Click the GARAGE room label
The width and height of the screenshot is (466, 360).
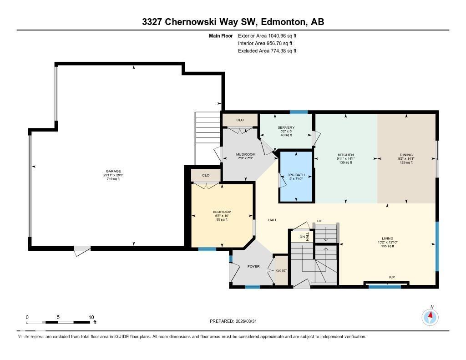click(113, 172)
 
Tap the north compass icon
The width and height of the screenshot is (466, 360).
click(430, 316)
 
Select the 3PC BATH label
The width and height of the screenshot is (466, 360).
click(296, 175)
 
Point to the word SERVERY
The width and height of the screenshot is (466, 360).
click(286, 127)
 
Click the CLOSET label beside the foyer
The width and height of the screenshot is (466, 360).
click(281, 270)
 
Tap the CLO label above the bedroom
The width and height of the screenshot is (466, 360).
click(206, 175)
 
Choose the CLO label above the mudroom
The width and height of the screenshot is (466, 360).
click(240, 120)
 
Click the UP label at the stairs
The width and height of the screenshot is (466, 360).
click(320, 221)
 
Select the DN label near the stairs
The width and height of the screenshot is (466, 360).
click(301, 237)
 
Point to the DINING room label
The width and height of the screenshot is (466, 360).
click(406, 155)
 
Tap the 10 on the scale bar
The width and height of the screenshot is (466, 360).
click(91, 317)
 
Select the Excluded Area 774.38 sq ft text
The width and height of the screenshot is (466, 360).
click(267, 51)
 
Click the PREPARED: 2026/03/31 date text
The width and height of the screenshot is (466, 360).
click(236, 321)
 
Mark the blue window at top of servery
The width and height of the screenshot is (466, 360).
click(299, 112)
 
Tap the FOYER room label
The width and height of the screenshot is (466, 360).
click(253, 266)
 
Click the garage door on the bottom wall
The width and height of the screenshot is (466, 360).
click(82, 249)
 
